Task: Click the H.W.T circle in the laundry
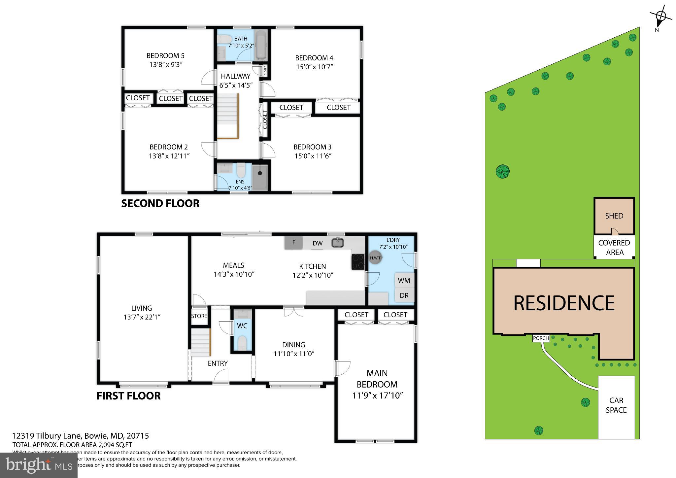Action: pos(375,258)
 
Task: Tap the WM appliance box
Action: pos(404,281)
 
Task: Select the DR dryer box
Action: pos(404,295)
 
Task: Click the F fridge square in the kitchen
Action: pos(293,243)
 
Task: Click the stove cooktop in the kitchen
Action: pos(358,262)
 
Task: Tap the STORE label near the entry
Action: pos(199,316)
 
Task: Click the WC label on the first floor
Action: pos(242,326)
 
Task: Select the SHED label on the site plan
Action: pos(614,216)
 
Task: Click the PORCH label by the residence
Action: pos(541,338)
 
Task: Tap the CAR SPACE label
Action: pos(616,405)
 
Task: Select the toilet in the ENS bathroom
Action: pos(241,170)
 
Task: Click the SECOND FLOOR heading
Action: pos(160,203)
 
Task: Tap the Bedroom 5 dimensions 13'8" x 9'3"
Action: pos(166,65)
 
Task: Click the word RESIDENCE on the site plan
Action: pos(564,303)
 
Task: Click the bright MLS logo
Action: pos(39,465)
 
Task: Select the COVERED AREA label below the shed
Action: pos(614,247)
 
